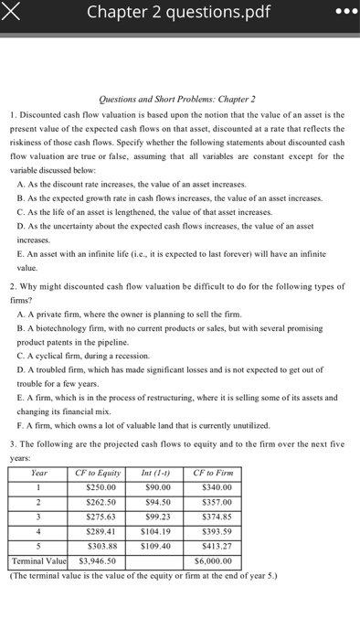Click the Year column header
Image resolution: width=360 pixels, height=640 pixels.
coord(39,473)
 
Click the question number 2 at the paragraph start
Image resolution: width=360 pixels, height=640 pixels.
coord(13,285)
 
